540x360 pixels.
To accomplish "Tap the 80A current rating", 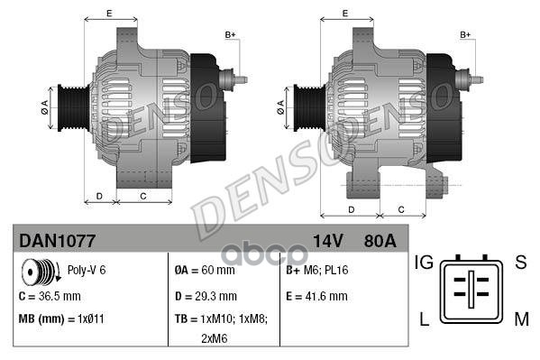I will click(x=378, y=241).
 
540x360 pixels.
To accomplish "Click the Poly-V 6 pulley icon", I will click(x=37, y=271).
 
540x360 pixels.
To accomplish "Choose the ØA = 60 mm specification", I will click(x=204, y=270).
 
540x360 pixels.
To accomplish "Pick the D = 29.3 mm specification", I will click(x=206, y=295).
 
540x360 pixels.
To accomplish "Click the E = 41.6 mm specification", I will click(x=316, y=295).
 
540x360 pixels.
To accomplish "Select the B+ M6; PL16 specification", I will click(x=317, y=270).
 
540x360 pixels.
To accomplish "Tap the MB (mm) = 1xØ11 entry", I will click(x=61, y=319).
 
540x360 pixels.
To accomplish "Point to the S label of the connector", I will click(x=519, y=263).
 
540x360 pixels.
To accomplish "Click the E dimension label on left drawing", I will click(x=109, y=14).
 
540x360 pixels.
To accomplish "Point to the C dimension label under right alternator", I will click(x=399, y=209).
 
